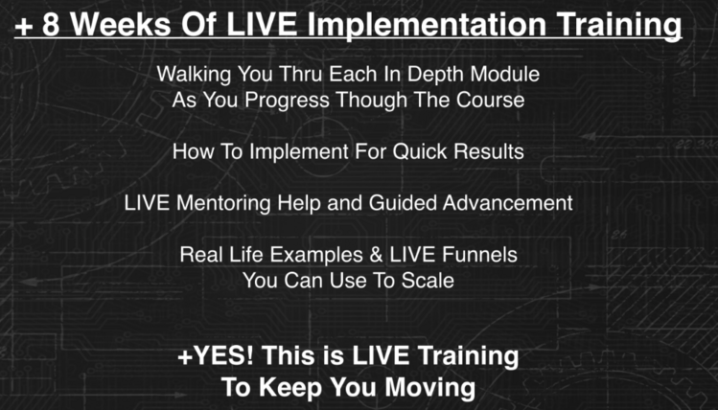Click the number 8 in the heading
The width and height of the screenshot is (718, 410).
51,24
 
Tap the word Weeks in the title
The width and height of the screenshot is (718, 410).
121,24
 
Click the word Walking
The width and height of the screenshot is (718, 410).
194,75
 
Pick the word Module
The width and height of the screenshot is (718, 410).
505,74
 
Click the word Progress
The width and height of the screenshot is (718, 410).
287,101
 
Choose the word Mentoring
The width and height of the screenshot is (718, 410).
223,204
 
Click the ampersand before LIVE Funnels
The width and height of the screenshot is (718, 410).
377,255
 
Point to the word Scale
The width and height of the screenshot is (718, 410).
428,281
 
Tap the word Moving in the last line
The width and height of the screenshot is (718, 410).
430,388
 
